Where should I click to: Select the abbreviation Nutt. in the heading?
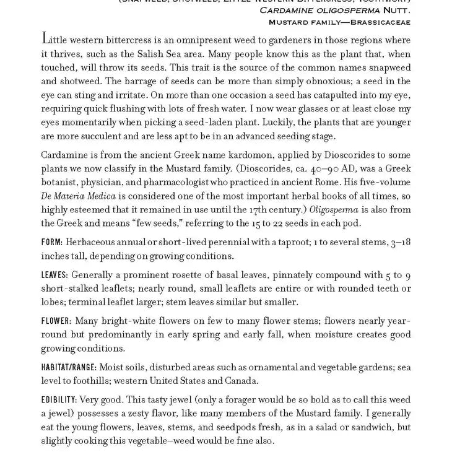[396, 10]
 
